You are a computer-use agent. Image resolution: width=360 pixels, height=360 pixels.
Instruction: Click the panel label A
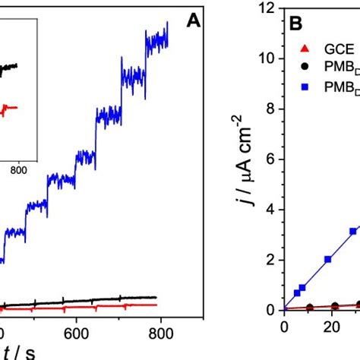tap(193, 23)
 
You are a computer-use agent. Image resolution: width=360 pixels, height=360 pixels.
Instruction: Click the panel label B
tap(296, 24)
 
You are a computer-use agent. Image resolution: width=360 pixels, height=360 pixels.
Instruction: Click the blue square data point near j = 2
tap(328, 259)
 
